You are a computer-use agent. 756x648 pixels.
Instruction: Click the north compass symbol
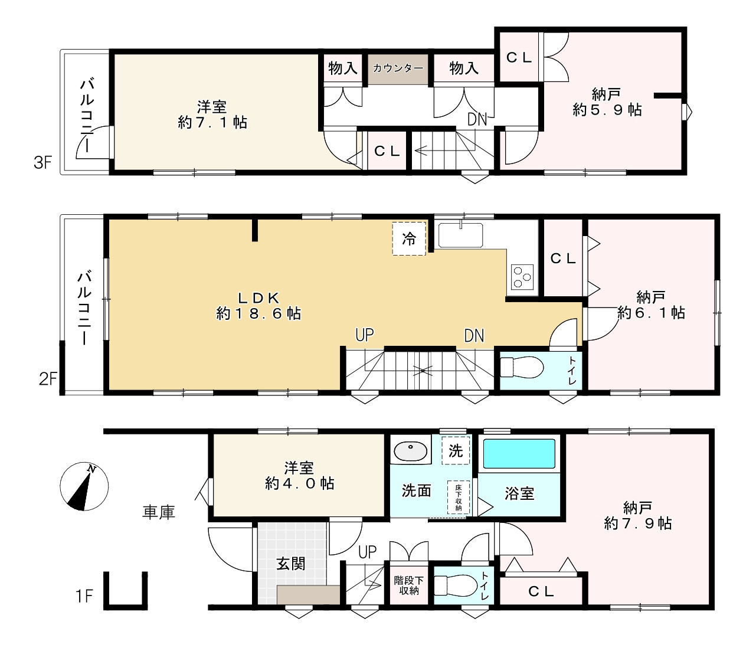click(84, 486)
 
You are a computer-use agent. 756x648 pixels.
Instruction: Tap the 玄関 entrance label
click(290, 564)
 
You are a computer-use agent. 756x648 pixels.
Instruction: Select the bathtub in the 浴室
click(519, 453)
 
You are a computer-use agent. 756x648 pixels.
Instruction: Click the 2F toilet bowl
click(522, 366)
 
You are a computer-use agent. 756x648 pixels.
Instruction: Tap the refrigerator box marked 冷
click(409, 238)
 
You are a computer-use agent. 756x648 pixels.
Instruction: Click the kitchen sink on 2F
click(460, 235)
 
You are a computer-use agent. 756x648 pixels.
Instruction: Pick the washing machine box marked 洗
click(456, 450)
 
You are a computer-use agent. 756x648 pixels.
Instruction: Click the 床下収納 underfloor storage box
click(459, 497)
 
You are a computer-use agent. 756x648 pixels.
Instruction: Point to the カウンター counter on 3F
click(398, 68)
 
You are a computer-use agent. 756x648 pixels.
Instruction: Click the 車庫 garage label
click(159, 512)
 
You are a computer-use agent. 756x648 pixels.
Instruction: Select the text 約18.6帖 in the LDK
click(258, 313)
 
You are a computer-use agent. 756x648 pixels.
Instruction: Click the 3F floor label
click(43, 162)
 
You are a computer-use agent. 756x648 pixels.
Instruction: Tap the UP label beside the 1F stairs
click(367, 552)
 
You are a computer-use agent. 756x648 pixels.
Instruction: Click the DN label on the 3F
click(477, 119)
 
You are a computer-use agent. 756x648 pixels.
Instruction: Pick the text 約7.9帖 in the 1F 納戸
click(637, 523)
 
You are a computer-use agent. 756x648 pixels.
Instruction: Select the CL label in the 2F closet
click(563, 259)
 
